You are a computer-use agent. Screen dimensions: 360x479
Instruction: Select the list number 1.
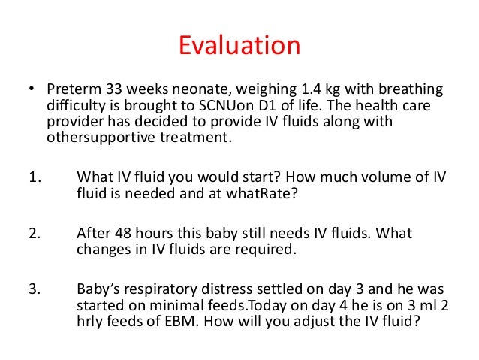[33, 177]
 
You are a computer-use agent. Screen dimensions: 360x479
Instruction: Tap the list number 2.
[33, 234]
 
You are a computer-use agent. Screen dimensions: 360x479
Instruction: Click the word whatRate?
[219, 193]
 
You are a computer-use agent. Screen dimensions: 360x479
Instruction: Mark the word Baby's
[100, 289]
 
